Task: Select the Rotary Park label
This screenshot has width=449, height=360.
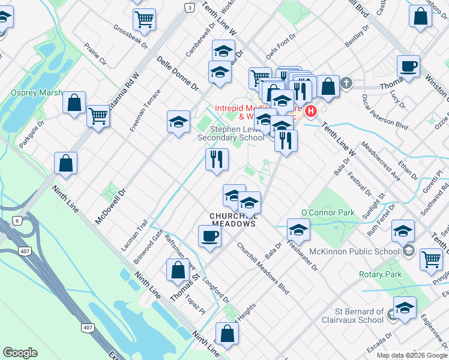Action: tap(380, 274)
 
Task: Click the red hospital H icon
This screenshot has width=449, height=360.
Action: tap(311, 111)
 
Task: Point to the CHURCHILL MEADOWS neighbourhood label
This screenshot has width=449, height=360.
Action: tap(233, 220)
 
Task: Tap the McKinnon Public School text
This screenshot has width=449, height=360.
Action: tap(355, 251)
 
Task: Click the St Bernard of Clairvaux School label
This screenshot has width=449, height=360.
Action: tap(359, 316)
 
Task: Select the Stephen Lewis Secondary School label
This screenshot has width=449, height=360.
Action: tap(231, 133)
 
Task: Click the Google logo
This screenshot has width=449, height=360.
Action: tap(20, 353)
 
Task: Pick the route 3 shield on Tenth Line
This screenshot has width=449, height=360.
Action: tap(190, 8)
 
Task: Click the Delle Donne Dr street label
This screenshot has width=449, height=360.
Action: tap(178, 73)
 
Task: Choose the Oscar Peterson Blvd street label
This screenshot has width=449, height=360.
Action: tap(384, 110)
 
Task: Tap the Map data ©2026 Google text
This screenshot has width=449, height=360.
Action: tap(411, 355)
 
